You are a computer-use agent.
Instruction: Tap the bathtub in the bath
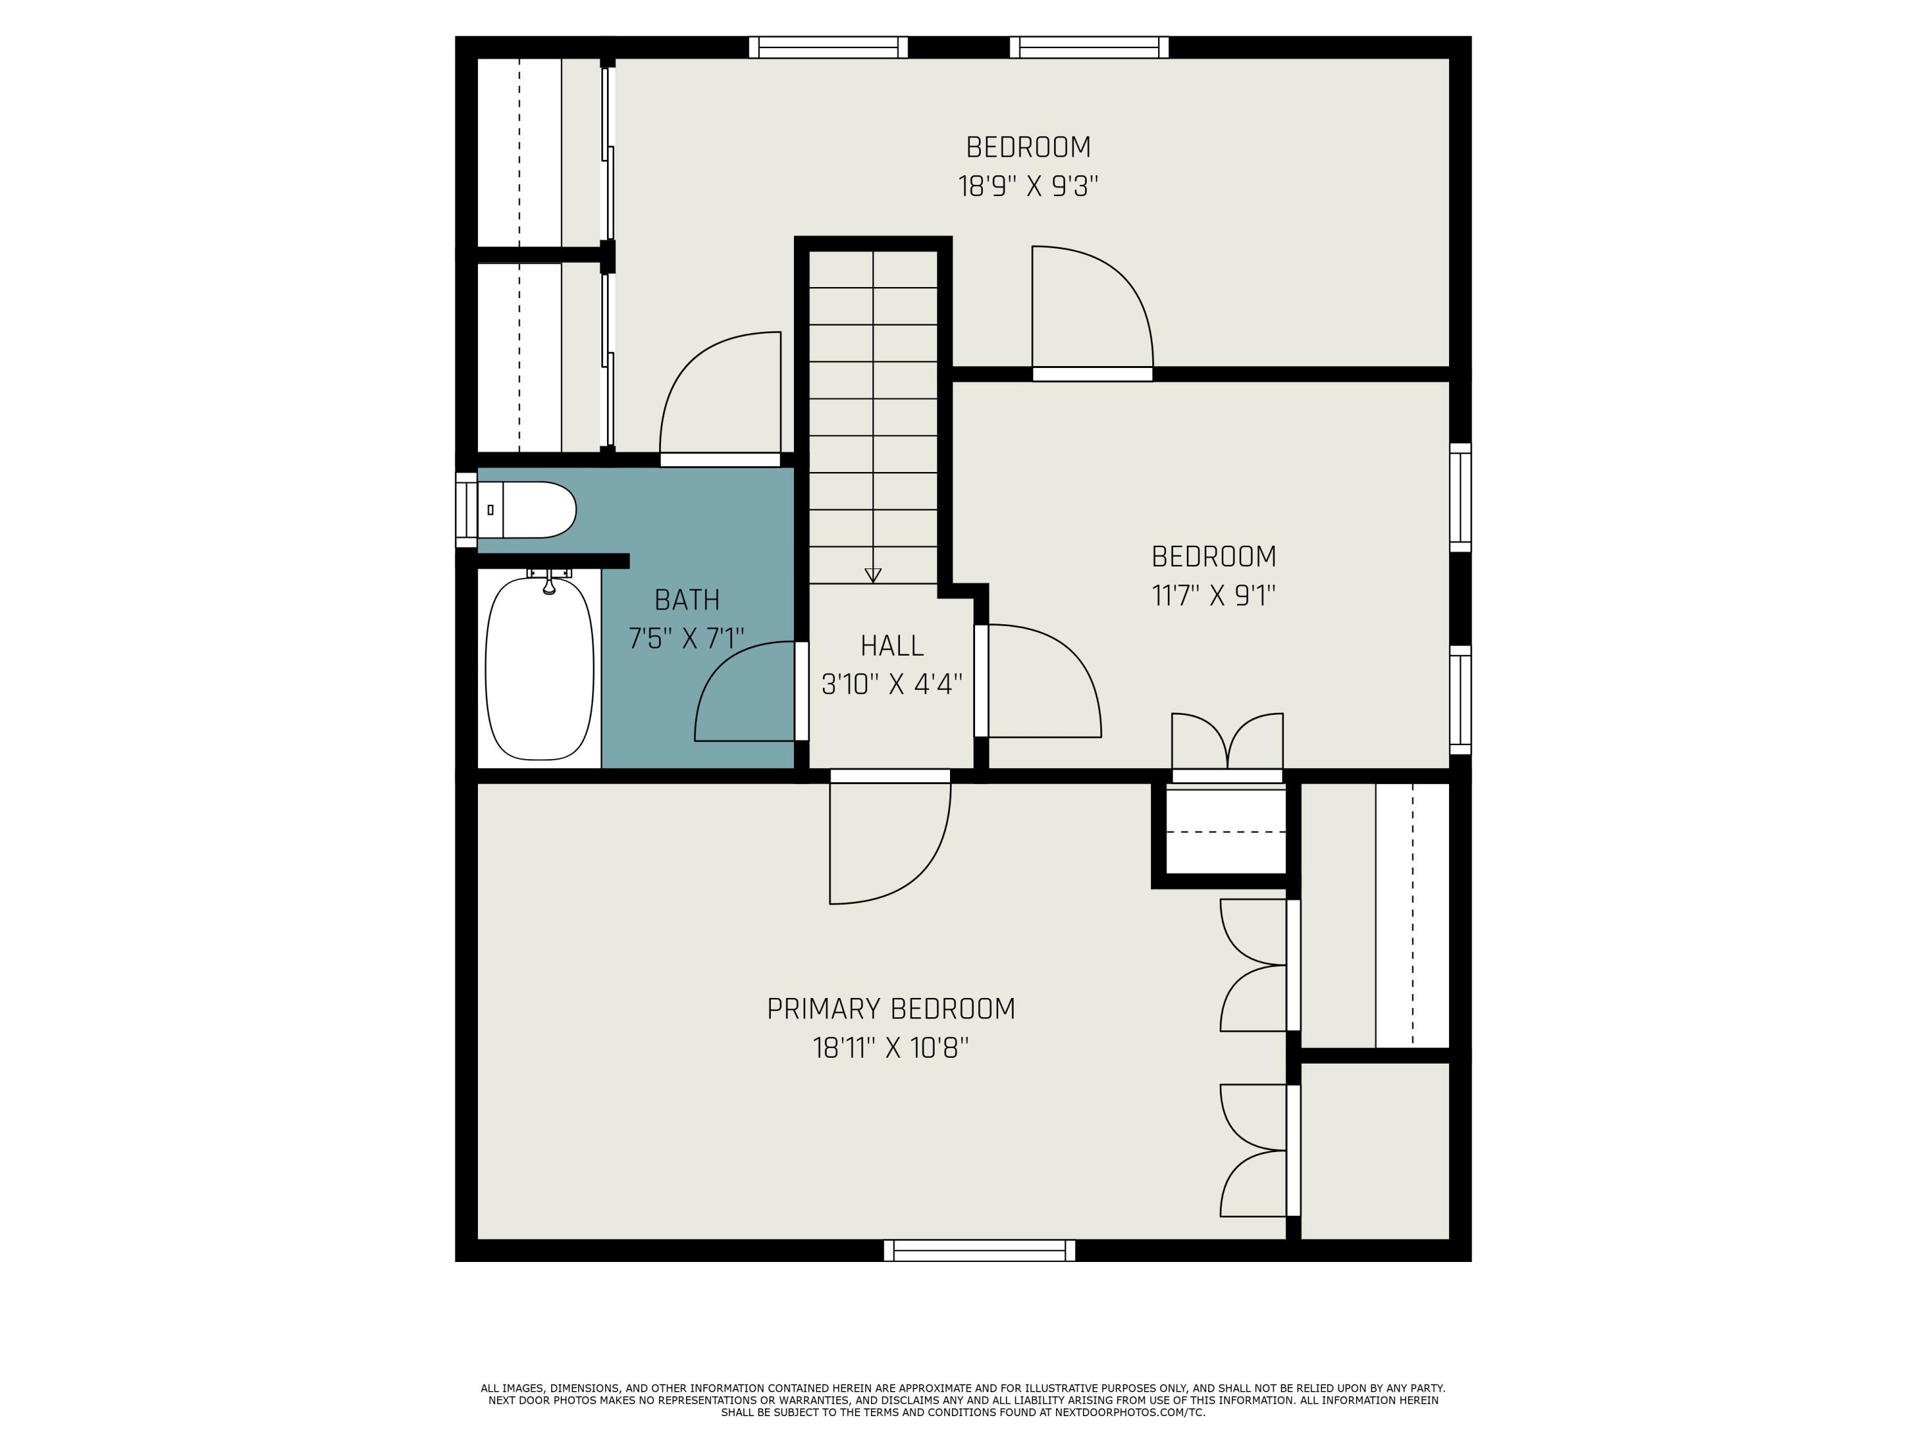(x=540, y=669)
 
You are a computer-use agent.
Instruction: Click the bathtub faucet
(x=549, y=582)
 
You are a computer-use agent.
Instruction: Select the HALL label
(x=891, y=646)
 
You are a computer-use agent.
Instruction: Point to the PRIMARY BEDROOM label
(x=890, y=1009)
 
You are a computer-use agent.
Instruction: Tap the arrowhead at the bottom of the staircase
(x=873, y=575)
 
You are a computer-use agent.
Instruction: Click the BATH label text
(x=687, y=600)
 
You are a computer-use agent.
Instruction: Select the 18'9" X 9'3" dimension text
(x=1028, y=186)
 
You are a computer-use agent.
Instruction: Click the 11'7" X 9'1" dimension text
(x=1213, y=596)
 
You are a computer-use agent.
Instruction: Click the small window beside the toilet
(x=466, y=509)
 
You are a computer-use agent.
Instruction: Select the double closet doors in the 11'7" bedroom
(x=1227, y=745)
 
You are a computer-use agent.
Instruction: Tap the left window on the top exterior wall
(x=829, y=47)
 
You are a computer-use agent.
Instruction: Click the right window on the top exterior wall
(x=1089, y=47)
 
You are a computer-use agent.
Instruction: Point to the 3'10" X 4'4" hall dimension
(x=891, y=685)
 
